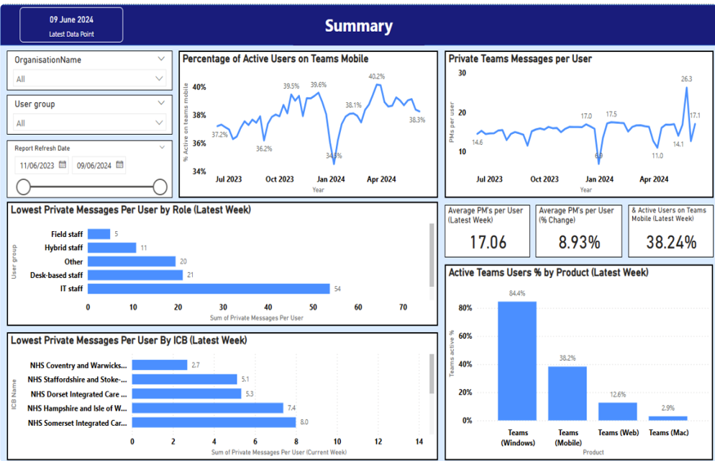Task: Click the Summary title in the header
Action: coord(358,27)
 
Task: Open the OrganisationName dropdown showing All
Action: coord(90,79)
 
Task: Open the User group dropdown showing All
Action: coord(90,123)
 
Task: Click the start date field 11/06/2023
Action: coord(37,166)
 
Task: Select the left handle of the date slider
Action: coord(24,187)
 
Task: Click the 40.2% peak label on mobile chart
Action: coord(376,76)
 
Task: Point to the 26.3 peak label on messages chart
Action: coord(686,79)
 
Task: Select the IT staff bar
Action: coord(209,289)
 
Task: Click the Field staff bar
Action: coord(99,234)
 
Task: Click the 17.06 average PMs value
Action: coord(488,242)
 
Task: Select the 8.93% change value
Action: coord(579,242)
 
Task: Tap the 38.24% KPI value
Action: coord(670,242)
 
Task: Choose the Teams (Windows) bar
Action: coord(516,360)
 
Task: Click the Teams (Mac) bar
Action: coord(668,418)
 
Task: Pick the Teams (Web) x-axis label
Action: coord(617,432)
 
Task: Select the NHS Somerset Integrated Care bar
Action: coord(213,423)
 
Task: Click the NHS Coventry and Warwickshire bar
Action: coord(160,365)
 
